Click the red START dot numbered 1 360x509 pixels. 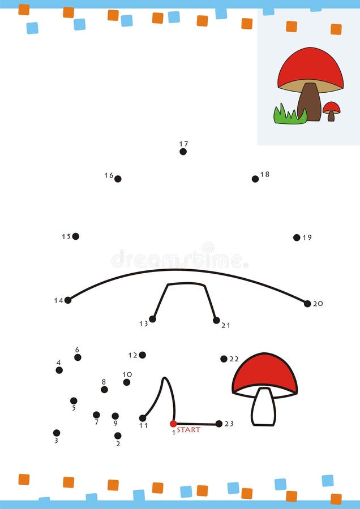tap(173, 424)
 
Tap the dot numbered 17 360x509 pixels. tap(183, 152)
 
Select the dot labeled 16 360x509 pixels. tap(118, 179)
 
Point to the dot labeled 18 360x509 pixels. tap(255, 179)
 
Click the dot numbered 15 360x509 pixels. tap(76, 236)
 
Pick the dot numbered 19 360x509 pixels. tap(297, 238)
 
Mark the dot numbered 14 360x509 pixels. tap(68, 300)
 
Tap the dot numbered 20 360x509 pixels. tap(307, 304)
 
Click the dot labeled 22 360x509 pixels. tap(224, 359)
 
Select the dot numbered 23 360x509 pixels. tap(219, 424)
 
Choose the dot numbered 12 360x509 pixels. tap(142, 355)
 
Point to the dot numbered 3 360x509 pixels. tap(57, 433)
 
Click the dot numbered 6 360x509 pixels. tap(78, 357)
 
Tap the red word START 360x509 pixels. tap(188, 430)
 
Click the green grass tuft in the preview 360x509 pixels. tap(289, 115)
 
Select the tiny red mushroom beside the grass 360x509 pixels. tap(331, 109)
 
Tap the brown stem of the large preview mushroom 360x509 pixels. tap(309, 102)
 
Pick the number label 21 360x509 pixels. tap(226, 325)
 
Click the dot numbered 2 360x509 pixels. tap(118, 435)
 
